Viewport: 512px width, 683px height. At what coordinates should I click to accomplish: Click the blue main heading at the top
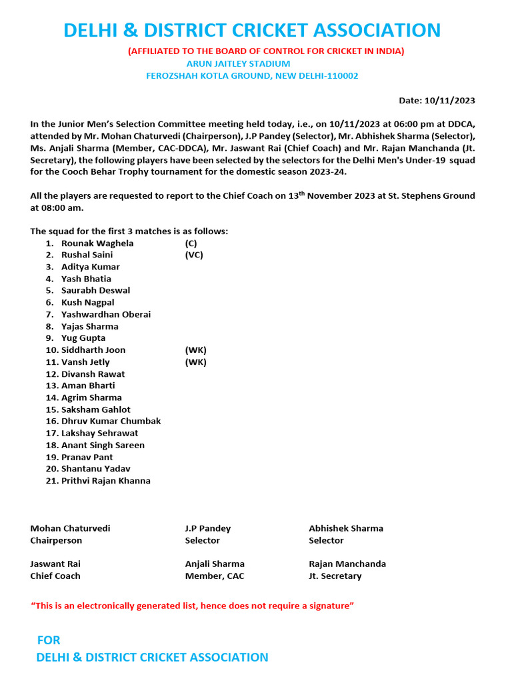(x=252, y=30)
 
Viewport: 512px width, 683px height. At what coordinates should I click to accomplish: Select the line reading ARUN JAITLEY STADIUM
(x=238, y=63)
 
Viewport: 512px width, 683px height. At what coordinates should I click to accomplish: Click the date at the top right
(x=437, y=101)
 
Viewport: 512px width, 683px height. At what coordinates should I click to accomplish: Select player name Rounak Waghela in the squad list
(x=97, y=243)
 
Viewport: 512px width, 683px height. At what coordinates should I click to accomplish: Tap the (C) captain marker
(x=191, y=243)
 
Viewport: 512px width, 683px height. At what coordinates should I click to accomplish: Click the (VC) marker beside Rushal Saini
(x=194, y=255)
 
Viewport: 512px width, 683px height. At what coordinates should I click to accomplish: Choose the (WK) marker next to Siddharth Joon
(x=196, y=350)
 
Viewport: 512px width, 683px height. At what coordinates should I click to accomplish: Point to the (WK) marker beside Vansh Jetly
(x=196, y=362)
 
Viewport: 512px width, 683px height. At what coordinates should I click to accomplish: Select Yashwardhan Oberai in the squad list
(x=106, y=314)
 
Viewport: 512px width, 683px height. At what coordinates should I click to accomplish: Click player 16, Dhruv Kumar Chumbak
(x=111, y=422)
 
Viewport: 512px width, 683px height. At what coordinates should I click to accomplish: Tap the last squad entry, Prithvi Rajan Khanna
(x=105, y=481)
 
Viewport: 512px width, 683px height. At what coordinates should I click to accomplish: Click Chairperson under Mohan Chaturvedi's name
(x=56, y=541)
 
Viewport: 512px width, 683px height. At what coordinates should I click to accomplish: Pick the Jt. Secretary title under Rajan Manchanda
(x=335, y=576)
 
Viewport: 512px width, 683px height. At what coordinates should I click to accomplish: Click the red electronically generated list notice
(x=192, y=606)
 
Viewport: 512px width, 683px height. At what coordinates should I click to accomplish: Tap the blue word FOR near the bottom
(x=49, y=640)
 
